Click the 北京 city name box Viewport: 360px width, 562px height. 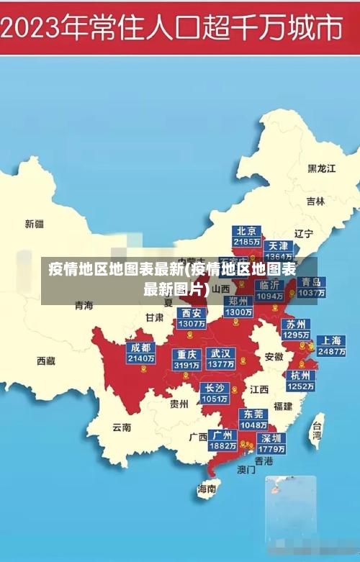246,231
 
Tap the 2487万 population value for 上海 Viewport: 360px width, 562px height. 331,352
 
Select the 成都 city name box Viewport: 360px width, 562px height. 140,348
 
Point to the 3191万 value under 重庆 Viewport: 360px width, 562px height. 186,366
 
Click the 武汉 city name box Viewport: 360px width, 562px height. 220,354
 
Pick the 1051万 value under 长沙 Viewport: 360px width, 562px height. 215,399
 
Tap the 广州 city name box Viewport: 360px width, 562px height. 222,435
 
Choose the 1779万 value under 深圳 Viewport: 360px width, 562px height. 271,449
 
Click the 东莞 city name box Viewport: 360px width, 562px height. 253,414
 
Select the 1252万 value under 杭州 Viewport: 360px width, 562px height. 300,386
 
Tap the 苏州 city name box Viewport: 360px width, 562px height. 295,324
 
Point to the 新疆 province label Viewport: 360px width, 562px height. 35,224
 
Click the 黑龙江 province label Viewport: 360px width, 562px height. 322,168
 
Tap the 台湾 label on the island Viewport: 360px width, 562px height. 316,430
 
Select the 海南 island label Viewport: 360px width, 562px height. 207,489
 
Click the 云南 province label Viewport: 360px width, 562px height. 122,427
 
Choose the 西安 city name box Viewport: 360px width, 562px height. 192,313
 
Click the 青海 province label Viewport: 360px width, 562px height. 84,305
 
